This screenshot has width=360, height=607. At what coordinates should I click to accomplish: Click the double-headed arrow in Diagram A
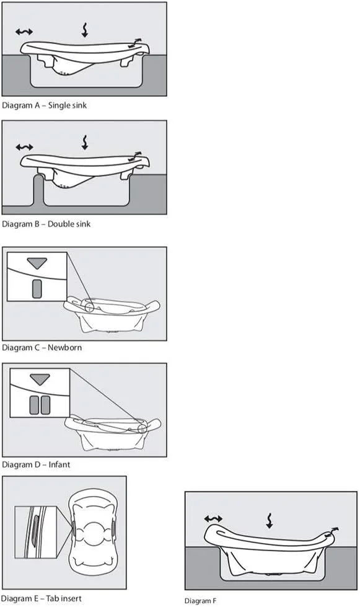pos(24,32)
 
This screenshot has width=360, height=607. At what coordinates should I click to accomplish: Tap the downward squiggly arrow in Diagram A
pos(85,30)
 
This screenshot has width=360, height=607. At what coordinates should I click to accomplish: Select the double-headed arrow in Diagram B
pos(24,147)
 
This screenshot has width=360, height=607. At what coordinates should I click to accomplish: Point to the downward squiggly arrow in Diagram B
pos(85,142)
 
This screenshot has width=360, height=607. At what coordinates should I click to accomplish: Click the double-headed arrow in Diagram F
pos(213,518)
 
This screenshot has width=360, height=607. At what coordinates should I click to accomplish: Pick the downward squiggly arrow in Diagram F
pos(270,521)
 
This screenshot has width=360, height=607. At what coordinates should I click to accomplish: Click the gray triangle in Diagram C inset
pos(37,263)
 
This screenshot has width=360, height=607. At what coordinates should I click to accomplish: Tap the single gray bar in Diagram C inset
pos(37,289)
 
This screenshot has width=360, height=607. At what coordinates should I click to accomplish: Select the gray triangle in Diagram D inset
pos(40,379)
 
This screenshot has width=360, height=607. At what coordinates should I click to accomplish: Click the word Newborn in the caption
pos(64,347)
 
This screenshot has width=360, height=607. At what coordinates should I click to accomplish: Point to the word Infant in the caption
pos(59,464)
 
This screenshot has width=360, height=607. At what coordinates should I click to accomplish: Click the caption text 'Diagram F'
pos(200,600)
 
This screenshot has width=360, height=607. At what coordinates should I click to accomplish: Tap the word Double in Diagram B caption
pos(59,224)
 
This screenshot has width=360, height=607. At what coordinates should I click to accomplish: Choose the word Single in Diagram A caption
pos(57,105)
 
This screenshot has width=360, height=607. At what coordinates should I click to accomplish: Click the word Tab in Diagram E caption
pos(51,598)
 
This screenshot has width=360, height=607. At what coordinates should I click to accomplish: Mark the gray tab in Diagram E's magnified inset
pos(34,531)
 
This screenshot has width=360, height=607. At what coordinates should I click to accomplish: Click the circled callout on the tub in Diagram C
pos(89,307)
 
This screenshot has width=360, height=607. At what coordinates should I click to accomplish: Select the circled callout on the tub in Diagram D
pos(143,428)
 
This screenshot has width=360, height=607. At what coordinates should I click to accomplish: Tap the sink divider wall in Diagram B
pos(38,189)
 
